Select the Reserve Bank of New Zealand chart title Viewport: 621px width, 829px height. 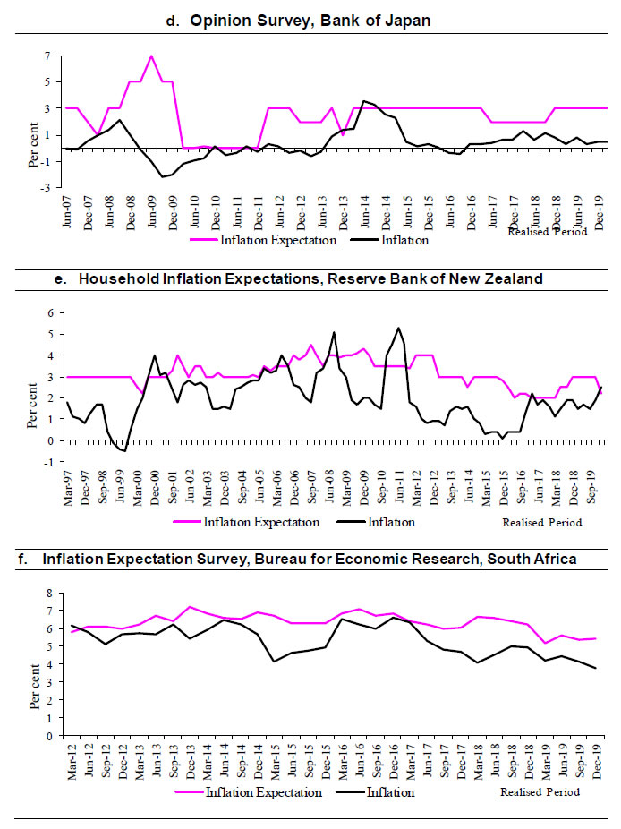310,278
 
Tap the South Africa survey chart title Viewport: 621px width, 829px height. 297,560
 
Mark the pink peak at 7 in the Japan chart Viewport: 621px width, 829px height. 151,56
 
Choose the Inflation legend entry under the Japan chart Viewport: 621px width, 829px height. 404,240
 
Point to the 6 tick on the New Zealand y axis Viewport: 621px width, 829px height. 52,312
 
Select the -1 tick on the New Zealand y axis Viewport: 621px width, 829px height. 50,462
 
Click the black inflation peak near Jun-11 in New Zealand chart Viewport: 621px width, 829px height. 397,329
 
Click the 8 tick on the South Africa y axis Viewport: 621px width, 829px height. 52,594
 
